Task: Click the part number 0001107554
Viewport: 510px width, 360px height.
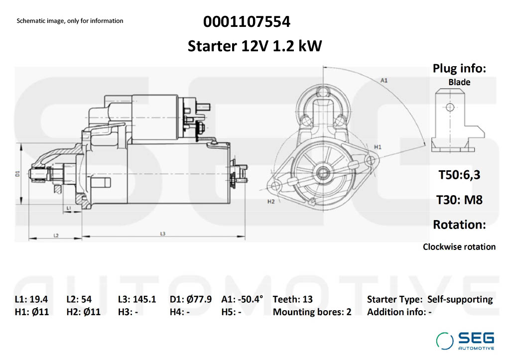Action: click(247, 22)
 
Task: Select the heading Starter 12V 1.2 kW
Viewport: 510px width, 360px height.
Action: click(255, 46)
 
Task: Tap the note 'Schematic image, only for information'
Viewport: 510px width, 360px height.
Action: click(70, 21)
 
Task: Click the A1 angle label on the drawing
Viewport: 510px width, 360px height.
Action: click(384, 80)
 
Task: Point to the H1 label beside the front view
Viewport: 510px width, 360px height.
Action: click(378, 147)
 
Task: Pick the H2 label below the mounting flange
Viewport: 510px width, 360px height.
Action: click(271, 202)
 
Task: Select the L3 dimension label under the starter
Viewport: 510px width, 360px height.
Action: click(163, 234)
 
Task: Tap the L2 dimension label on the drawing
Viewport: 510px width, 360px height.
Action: click(56, 235)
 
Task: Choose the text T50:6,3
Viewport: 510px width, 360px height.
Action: click(459, 175)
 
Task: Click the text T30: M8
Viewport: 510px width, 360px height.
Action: click(459, 200)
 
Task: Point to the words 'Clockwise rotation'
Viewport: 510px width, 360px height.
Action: click(459, 246)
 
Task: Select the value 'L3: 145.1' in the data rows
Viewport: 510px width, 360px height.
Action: click(137, 299)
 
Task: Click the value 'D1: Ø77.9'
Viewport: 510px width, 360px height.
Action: click(191, 299)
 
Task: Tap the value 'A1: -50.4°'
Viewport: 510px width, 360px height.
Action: click(242, 299)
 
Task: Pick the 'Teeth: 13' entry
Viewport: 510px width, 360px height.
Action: click(293, 299)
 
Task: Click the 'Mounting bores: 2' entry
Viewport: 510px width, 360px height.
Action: click(312, 312)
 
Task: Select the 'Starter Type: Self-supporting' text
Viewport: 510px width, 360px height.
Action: click(430, 299)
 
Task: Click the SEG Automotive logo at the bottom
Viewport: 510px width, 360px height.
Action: click(465, 341)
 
